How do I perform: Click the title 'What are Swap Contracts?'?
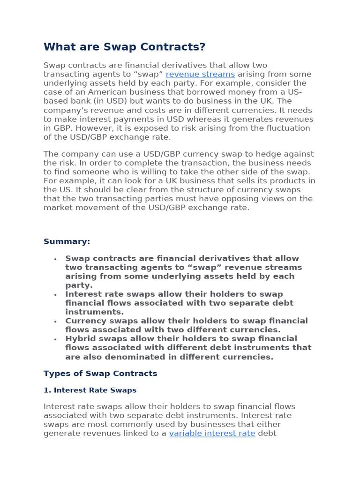point(124,47)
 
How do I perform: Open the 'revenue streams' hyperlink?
point(200,74)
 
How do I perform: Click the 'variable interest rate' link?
point(212,433)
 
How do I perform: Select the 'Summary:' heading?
point(67,241)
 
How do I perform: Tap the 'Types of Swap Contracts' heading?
point(100,374)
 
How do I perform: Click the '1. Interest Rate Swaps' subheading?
point(90,390)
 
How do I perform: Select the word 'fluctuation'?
point(286,128)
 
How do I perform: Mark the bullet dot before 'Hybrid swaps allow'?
point(55,339)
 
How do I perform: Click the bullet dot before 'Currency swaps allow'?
point(55,322)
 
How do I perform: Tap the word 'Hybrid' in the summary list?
point(80,339)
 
